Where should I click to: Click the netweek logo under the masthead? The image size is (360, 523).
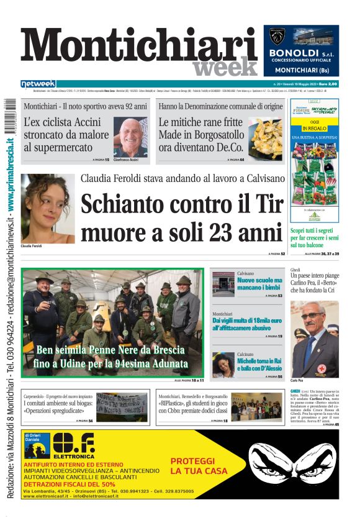[x=38, y=83]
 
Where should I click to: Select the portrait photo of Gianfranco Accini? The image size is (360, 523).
[x=130, y=135]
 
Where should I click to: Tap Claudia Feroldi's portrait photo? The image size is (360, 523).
[x=48, y=208]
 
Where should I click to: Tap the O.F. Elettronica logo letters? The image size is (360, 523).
[x=73, y=445]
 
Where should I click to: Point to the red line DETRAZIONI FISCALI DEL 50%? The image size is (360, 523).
[x=70, y=484]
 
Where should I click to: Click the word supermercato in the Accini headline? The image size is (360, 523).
[x=61, y=148]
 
